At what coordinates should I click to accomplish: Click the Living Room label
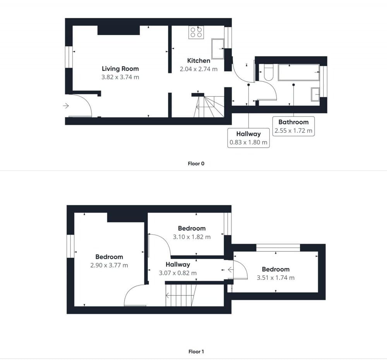[120, 69]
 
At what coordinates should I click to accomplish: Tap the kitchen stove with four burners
[196, 32]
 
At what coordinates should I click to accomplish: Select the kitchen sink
[217, 49]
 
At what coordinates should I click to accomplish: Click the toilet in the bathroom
[269, 72]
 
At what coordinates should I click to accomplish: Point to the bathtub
[299, 72]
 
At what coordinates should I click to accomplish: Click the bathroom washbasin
[315, 94]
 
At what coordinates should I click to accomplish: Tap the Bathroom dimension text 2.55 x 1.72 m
[293, 131]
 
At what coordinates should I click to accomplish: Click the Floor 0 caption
[196, 164]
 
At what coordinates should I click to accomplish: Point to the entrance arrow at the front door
[66, 106]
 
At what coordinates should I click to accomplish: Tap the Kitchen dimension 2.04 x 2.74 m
[199, 69]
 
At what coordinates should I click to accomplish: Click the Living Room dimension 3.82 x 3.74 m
[120, 77]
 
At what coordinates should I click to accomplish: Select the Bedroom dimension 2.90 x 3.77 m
[109, 265]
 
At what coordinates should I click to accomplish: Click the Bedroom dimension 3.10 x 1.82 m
[192, 237]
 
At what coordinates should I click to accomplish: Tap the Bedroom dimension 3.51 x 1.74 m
[276, 278]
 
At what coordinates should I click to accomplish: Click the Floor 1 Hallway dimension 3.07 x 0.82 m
[178, 273]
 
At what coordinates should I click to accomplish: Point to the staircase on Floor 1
[181, 295]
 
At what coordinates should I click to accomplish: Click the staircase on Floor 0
[209, 106]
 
